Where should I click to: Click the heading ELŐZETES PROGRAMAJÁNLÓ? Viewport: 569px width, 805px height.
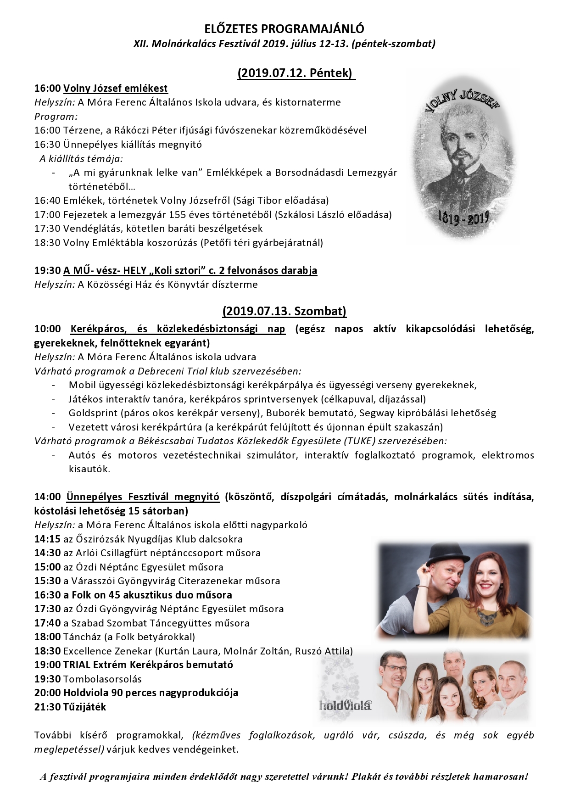[x=284, y=29]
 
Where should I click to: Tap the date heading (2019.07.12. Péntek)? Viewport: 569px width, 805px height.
[x=296, y=73]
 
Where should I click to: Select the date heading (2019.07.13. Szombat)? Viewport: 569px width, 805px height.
[x=284, y=311]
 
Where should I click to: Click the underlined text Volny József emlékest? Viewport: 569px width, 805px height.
[x=115, y=88]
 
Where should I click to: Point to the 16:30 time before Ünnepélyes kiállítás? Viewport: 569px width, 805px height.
[x=47, y=145]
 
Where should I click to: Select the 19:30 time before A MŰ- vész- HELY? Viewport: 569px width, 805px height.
[x=47, y=270]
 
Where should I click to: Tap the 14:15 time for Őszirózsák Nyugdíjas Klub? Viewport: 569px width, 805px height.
[x=47, y=539]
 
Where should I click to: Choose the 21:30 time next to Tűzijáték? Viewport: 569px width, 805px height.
[x=47, y=707]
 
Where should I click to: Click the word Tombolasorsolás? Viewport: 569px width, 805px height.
[x=102, y=679]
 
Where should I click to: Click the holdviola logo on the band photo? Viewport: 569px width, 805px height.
[x=345, y=705]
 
